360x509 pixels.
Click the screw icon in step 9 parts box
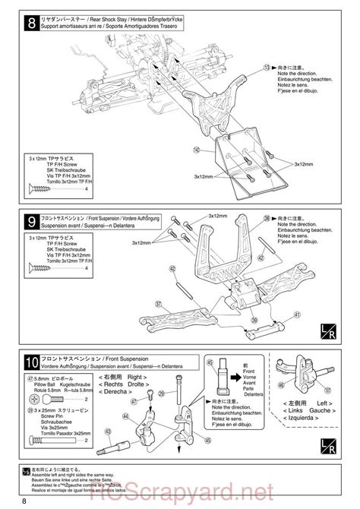[46, 267]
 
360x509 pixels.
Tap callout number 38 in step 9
[267, 217]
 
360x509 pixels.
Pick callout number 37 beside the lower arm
[159, 302]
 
